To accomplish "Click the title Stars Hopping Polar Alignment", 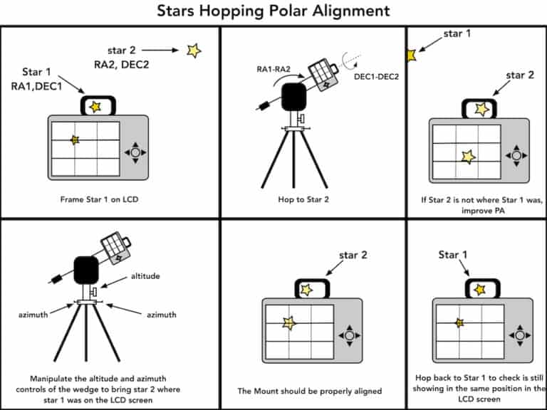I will [x=273, y=11].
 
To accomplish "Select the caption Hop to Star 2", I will [x=311, y=199].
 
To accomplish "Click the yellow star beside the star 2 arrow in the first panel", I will [x=193, y=50].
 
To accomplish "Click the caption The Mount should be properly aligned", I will [x=311, y=391].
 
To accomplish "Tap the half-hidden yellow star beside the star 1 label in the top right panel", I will [x=410, y=55].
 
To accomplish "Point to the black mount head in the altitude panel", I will [x=87, y=268].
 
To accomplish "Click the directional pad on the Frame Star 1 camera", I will [x=135, y=152].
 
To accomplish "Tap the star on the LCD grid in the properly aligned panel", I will [x=288, y=323].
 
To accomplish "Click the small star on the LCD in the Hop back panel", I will [x=459, y=322].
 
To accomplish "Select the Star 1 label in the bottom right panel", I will [x=453, y=254].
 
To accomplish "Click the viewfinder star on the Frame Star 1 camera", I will [x=95, y=106].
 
